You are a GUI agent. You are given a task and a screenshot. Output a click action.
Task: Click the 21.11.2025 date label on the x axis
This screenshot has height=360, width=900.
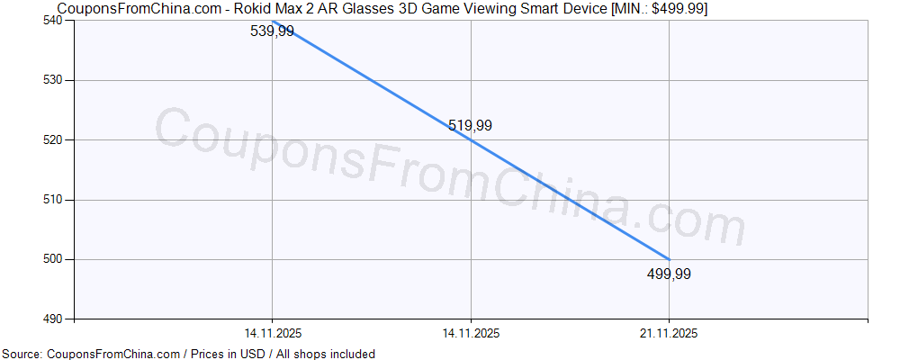(x=669, y=333)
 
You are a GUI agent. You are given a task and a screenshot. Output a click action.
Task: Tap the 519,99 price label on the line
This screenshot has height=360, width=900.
(x=470, y=126)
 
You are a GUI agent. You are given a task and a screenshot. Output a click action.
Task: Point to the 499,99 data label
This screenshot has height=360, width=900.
(x=669, y=274)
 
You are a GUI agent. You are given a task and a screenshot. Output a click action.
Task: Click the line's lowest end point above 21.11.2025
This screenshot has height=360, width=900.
(x=669, y=259)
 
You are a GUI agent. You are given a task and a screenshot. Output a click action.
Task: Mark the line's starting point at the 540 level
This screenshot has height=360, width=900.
(x=272, y=21)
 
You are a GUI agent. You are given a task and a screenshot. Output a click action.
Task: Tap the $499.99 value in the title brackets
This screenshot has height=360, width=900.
(x=679, y=8)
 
